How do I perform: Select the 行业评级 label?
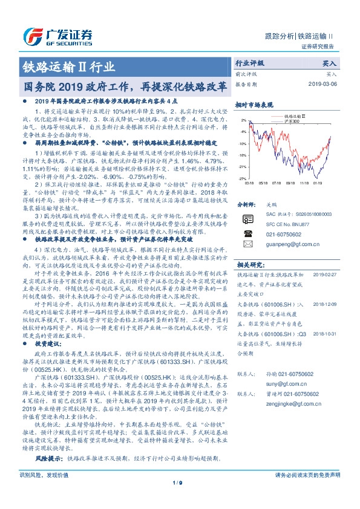pos(249,63)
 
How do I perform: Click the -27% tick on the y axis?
pos(242,179)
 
